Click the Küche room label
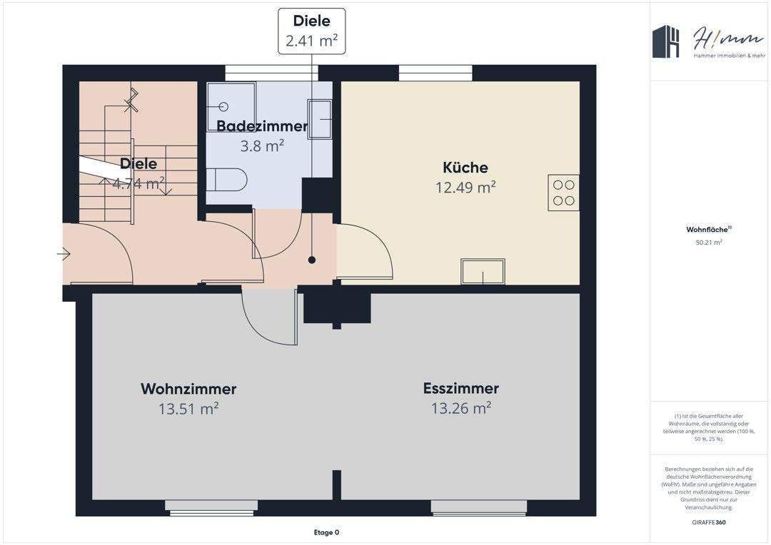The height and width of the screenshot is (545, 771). point(465,168)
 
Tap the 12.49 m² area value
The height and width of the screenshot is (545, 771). point(465,188)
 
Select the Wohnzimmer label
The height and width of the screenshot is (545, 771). point(188,389)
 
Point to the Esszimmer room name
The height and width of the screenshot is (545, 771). point(460,389)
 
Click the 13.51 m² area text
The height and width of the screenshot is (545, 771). point(188,409)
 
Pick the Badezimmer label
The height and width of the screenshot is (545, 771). point(262,126)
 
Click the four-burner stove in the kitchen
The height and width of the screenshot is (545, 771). point(563,193)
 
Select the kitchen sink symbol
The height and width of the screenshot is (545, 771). point(483,272)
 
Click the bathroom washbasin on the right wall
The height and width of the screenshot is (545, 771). point(319,118)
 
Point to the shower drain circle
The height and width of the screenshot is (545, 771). point(223,106)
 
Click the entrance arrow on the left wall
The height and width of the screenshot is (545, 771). point(64,253)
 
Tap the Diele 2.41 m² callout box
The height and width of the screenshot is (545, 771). point(311,31)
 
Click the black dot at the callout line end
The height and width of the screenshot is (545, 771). point(312,260)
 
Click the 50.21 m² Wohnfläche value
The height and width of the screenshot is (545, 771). point(709,243)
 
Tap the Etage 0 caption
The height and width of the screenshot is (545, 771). point(327,532)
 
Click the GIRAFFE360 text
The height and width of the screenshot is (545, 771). point(709,522)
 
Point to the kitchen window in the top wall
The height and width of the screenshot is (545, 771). point(435,72)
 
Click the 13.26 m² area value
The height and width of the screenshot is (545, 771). point(460,409)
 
